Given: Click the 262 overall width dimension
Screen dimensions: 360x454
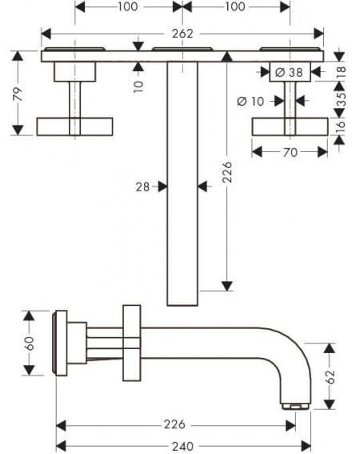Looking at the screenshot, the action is tap(182, 34).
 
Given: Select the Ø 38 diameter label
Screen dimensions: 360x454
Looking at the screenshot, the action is tap(289, 72).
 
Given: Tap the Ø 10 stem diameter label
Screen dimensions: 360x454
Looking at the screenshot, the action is tap(250, 101).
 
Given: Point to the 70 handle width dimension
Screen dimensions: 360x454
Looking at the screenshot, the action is tap(290, 152).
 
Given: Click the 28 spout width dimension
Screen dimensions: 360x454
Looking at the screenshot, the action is tap(142, 187).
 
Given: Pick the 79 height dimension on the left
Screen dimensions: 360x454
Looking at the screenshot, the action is tap(18, 94).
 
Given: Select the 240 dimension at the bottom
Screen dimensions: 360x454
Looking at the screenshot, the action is tap(182, 446).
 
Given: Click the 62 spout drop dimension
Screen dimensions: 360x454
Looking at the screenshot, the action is tap(330, 376).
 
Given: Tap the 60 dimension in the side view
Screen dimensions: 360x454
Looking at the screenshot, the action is tap(30, 344).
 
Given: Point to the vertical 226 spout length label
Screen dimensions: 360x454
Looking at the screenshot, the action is tap(227, 172).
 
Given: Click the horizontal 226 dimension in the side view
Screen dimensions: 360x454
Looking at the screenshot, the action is tap(174, 424).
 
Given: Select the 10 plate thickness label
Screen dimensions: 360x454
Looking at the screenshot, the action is tap(138, 86).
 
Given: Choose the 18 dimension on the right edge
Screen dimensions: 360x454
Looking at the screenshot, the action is tap(342, 71).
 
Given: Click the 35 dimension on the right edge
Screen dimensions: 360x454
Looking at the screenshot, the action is tap(342, 99).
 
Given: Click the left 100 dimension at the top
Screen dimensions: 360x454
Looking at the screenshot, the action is tap(128, 6).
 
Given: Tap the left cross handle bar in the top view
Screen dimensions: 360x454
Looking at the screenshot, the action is tap(74, 127).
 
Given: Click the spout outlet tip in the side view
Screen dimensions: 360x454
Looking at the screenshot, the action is tap(296, 407).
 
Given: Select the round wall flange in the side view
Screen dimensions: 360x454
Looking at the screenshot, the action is tap(60, 344).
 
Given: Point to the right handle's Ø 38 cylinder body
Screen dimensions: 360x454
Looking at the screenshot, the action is tap(290, 71).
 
